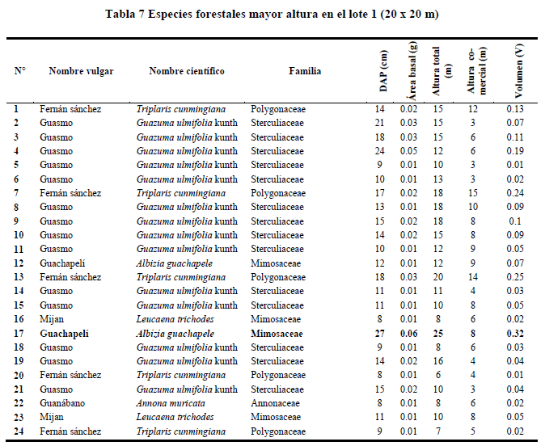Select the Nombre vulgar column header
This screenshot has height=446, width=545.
point(81,71)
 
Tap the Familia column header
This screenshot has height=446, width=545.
point(305,71)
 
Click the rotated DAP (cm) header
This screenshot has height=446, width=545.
point(383,71)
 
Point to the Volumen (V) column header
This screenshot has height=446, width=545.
point(518,71)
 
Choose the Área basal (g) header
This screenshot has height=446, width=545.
point(412,71)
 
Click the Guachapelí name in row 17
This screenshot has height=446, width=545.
point(65,334)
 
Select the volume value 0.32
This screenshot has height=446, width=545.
point(515,334)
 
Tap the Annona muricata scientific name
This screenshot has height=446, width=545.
point(171,403)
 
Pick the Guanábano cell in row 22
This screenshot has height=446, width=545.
point(62,403)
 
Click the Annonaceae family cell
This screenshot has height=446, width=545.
point(275,403)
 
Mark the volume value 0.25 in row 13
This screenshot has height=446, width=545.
point(515,277)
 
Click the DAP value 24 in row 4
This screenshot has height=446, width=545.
point(379,151)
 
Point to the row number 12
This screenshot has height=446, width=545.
point(19,263)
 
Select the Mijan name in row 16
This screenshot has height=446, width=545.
point(52,320)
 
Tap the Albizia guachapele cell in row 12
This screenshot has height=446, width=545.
point(175,263)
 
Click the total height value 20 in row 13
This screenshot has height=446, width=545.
point(438,277)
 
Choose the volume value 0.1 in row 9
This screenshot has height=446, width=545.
point(515,221)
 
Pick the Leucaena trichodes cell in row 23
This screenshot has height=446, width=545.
point(175,417)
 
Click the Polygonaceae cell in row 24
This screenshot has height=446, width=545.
point(278,431)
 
